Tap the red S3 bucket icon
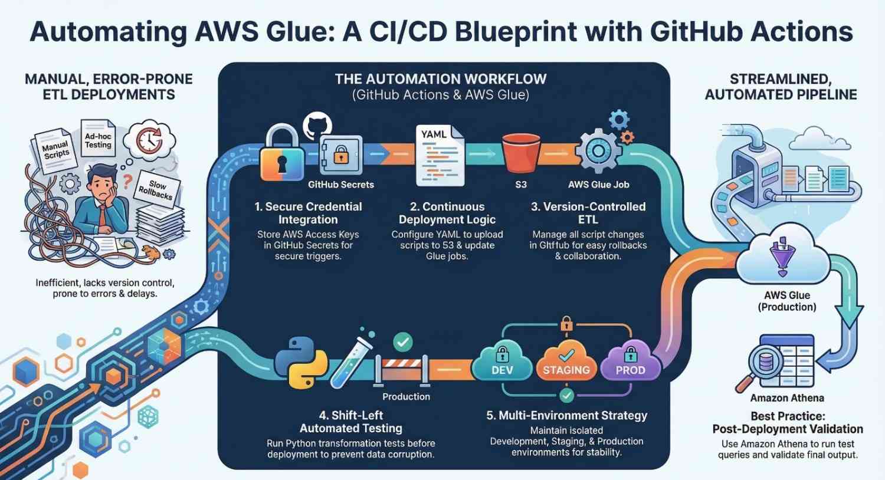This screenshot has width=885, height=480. coord(521,153)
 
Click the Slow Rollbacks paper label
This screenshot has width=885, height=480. coord(156,189)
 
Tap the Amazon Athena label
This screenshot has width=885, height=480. coord(787,398)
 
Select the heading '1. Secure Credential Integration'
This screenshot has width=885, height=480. coord(308,213)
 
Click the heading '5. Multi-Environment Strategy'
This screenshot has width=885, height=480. coord(566,415)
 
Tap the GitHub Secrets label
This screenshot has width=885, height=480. coord(341,185)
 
